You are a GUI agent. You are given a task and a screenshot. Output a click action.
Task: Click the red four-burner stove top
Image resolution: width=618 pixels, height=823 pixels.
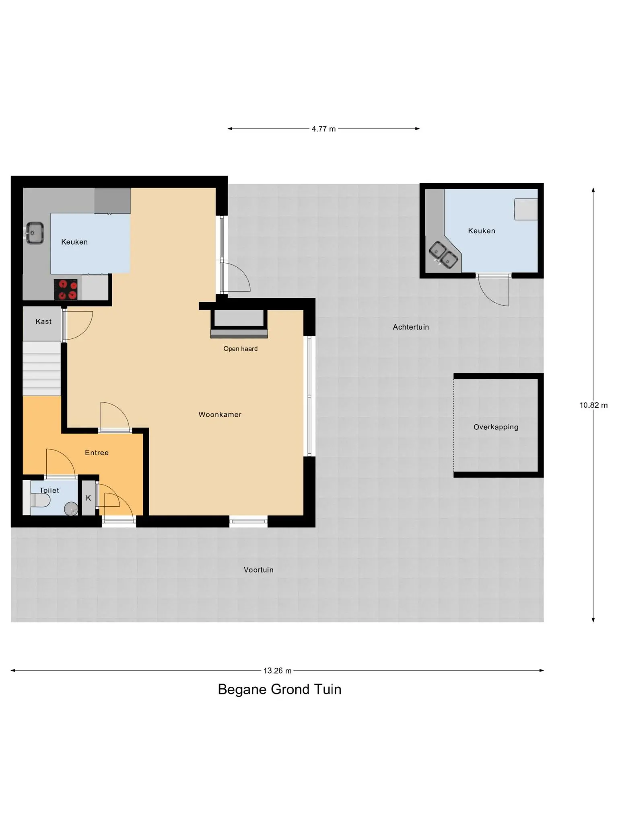click(68, 290)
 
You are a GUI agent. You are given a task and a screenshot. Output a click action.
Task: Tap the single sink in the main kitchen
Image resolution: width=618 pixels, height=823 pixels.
click(35, 233)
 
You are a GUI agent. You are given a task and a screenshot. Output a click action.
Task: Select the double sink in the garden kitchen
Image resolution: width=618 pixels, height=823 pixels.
click(443, 255)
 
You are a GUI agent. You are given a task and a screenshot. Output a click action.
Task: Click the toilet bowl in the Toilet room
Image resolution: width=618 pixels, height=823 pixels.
click(40, 501)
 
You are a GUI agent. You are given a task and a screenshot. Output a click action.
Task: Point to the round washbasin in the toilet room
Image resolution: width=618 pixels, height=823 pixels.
click(71, 508)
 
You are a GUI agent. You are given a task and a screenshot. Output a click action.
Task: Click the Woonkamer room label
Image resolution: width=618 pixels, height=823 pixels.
click(220, 415)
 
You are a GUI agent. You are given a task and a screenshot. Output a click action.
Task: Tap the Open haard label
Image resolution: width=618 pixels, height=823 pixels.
click(241, 349)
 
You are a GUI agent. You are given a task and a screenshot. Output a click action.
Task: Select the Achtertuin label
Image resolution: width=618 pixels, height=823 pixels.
click(411, 327)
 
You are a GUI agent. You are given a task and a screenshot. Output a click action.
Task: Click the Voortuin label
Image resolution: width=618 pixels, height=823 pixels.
click(259, 570)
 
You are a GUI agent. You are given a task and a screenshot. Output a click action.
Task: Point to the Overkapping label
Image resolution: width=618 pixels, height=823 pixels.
click(496, 427)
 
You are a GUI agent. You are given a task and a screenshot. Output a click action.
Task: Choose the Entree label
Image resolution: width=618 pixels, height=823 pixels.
click(97, 453)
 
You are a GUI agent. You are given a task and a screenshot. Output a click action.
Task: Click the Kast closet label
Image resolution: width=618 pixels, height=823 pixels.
click(43, 321)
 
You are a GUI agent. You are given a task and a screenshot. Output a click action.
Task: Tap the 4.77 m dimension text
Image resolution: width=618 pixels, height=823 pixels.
click(323, 129)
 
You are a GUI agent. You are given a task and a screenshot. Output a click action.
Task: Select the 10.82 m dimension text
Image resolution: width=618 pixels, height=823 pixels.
click(593, 405)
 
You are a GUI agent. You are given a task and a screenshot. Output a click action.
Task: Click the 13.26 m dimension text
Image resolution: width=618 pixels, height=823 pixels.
click(278, 671)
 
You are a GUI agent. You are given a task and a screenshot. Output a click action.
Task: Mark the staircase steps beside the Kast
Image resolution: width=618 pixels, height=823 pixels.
click(41, 369)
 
